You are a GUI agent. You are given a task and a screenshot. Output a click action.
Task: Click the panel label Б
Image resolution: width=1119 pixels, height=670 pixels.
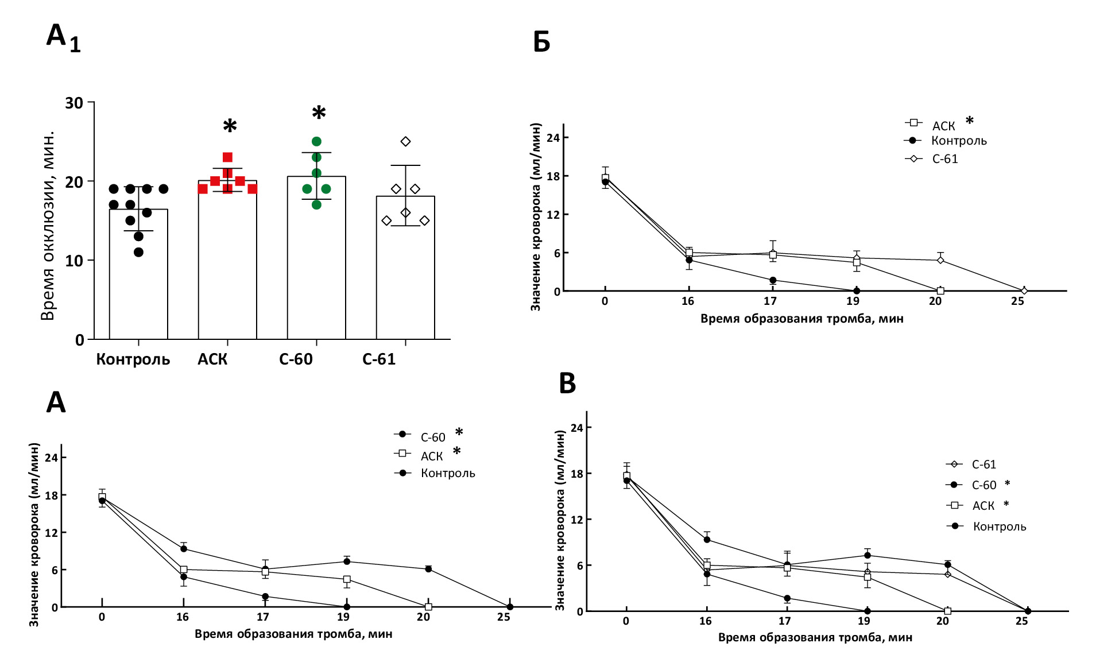pos(541,42)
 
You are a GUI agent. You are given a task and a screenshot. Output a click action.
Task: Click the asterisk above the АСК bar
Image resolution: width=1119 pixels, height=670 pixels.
pos(230,126)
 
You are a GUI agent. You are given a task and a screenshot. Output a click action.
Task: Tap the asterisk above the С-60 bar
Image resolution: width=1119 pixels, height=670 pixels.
pos(319,113)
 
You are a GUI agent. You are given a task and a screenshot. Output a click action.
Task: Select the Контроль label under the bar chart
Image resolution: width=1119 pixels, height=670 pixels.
pos(133,359)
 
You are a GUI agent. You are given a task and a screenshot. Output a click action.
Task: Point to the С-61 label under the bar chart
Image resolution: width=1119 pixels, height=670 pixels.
pos(379,359)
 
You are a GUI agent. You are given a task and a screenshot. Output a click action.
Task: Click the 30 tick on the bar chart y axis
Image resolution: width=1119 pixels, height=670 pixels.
pos(74,103)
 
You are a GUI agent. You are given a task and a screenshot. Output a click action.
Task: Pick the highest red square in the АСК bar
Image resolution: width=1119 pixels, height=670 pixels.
pos(227,157)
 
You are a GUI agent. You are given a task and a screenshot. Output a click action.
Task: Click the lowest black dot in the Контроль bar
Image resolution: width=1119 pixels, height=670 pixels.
pos(138,252)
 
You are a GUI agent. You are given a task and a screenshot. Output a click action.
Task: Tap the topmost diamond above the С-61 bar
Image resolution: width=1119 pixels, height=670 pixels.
pos(405,141)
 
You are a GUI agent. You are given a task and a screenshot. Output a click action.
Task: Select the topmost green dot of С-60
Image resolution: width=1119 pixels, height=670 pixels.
pos(316,141)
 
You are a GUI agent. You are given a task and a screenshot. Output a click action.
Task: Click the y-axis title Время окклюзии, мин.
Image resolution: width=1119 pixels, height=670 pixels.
pos(48,225)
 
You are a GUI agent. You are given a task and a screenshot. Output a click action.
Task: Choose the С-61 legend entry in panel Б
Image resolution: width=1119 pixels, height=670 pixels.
pos(944,159)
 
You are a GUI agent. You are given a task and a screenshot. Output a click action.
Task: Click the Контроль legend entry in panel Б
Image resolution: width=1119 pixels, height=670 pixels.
pos(958,141)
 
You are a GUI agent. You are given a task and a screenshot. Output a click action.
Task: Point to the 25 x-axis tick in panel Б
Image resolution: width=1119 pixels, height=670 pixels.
pos(1017,301)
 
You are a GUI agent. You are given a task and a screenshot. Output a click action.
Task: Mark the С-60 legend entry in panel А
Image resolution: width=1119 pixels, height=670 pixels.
pos(432,437)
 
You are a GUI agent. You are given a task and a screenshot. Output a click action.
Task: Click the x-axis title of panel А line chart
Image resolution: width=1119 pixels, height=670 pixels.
pos(293,634)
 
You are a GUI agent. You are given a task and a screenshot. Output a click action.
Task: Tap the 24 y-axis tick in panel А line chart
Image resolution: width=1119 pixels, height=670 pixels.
pos(51,458)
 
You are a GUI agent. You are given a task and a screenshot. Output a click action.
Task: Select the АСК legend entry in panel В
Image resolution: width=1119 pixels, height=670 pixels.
pos(983,506)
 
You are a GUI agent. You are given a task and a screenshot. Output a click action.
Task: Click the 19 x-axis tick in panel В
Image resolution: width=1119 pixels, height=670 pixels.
pos(864,621)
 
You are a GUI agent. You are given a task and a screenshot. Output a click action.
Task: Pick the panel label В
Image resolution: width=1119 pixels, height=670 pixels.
pos(567,384)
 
